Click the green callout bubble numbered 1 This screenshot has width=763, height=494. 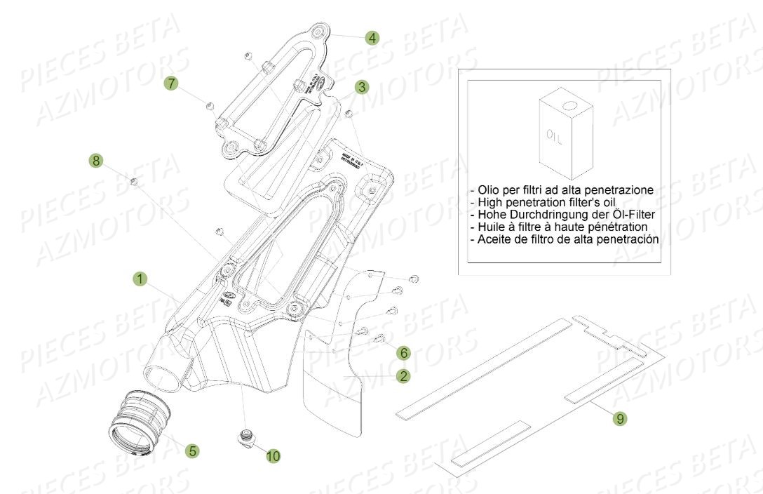click(141, 280)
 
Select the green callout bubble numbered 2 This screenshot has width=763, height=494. click(403, 376)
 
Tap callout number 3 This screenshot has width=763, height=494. click(361, 87)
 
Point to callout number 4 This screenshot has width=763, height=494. click(372, 38)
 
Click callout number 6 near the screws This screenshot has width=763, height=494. click(403, 351)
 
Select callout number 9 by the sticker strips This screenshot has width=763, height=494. click(619, 419)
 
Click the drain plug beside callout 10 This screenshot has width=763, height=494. click(245, 437)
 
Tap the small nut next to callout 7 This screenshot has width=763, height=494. click(210, 105)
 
